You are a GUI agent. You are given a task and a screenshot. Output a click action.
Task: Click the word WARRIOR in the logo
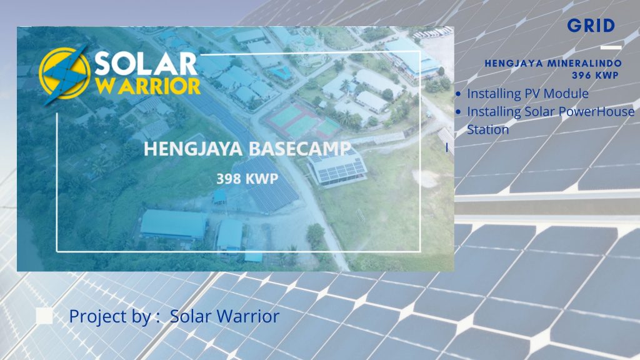point(148,85)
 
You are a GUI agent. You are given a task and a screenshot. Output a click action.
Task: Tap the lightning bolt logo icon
point(66,74)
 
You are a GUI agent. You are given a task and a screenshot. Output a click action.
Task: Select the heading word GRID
point(591,26)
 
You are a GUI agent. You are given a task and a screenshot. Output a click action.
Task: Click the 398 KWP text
point(247,178)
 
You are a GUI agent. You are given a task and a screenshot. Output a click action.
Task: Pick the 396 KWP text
point(595,74)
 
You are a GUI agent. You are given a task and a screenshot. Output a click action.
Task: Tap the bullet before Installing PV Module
point(459,94)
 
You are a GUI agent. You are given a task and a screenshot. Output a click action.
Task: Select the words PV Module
point(556,94)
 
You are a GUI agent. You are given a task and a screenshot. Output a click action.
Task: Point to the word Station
point(487,129)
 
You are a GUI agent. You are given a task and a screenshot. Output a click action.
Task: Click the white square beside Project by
point(44,316)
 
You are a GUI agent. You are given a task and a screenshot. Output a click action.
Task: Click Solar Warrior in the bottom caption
point(224,316)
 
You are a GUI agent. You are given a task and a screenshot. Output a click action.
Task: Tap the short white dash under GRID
point(611,47)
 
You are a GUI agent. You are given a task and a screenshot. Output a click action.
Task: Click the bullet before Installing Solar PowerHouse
point(459,112)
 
